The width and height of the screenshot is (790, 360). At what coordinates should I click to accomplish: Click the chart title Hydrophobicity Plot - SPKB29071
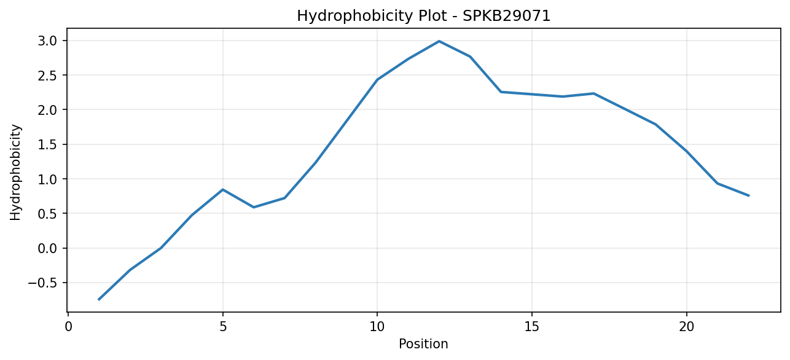pos(423,16)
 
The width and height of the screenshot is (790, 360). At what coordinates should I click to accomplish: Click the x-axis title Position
pos(423,344)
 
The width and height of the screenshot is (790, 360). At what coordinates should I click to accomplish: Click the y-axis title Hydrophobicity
pos(15,173)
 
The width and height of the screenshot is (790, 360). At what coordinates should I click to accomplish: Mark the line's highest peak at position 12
pos(439,41)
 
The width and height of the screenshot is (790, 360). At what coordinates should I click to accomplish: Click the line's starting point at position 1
pos(99,300)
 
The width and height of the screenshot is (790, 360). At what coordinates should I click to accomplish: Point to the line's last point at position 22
pos(748,196)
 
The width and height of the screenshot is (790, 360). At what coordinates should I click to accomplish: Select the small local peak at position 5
pos(223,190)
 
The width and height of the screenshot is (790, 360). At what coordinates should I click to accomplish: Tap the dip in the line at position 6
pos(254,207)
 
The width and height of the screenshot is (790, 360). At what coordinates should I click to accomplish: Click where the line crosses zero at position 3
pos(161,248)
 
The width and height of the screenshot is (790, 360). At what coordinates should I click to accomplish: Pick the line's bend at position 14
pos(501,92)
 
